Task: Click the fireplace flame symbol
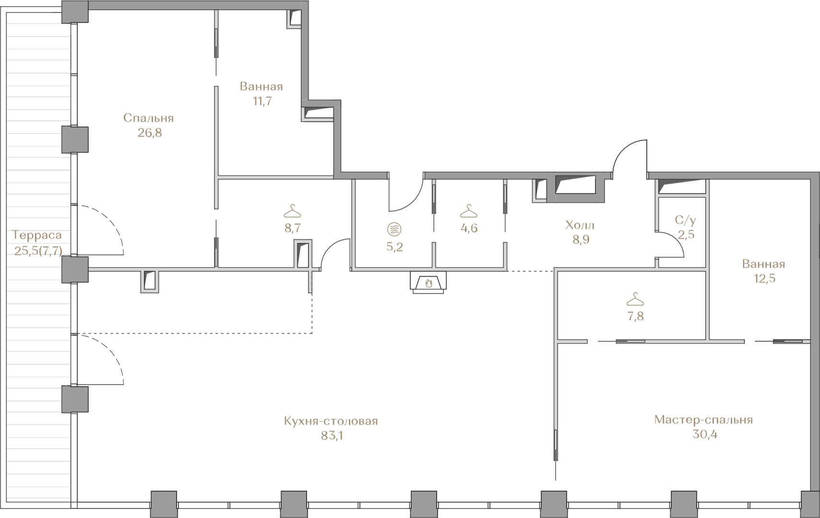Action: click(428, 283)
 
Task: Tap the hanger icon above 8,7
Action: click(293, 211)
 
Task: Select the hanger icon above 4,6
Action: click(469, 211)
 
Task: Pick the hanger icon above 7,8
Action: click(635, 299)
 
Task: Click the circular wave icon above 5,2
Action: click(394, 229)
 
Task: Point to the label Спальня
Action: click(148, 118)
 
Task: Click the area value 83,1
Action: click(332, 436)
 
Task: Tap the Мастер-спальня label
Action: click(703, 420)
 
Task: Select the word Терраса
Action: click(37, 235)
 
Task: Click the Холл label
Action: click(580, 225)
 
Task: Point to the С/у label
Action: click(685, 220)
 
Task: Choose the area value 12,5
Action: click(764, 278)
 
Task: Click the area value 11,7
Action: click(262, 101)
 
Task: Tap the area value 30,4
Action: click(705, 434)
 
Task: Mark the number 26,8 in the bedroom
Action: click(149, 132)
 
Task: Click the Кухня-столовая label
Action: click(331, 421)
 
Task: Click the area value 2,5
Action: click(686, 235)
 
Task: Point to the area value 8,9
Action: click(581, 240)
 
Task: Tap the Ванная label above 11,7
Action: click(261, 87)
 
